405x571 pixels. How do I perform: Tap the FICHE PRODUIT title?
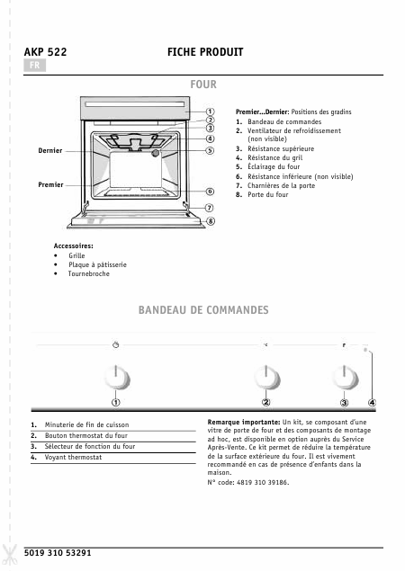click(206, 53)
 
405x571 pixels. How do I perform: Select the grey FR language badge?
click(34, 67)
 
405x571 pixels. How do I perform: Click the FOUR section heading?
click(203, 84)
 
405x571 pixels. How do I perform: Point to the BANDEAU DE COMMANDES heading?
click(203, 310)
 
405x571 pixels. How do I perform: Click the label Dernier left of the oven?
click(50, 151)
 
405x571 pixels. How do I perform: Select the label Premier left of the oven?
click(50, 184)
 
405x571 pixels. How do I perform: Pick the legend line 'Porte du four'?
click(268, 194)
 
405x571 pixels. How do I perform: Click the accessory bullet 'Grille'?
click(76, 255)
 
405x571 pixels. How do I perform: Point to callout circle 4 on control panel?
click(372, 402)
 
